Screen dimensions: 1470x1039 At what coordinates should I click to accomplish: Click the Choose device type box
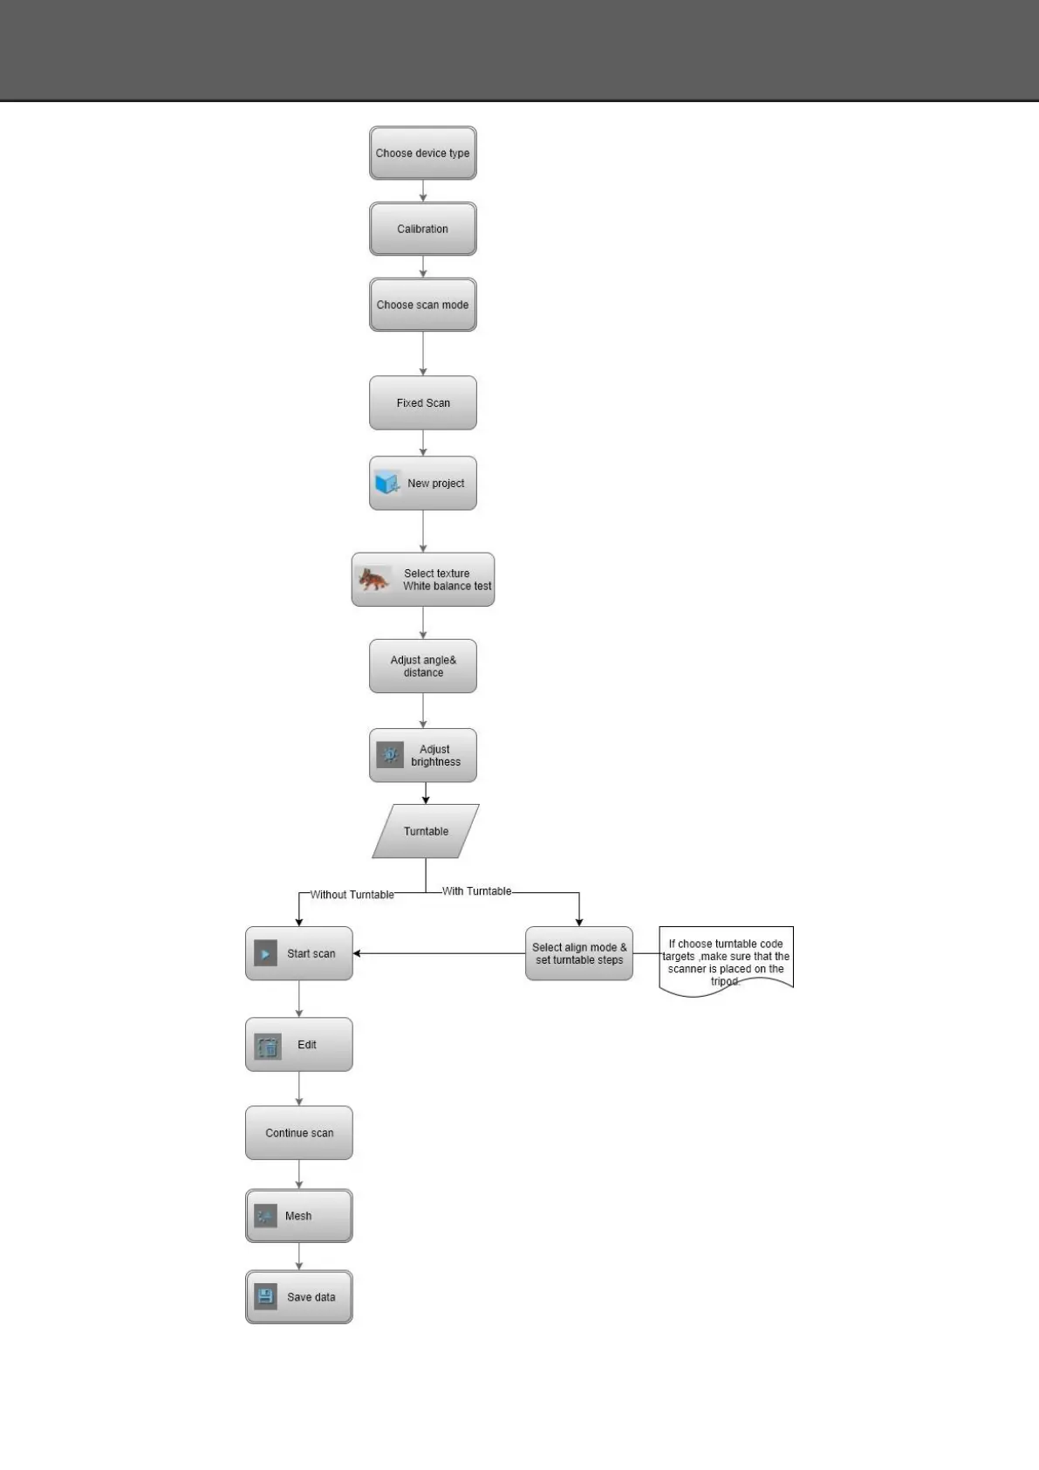tap(422, 153)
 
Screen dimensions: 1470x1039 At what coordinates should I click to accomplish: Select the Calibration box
tap(422, 229)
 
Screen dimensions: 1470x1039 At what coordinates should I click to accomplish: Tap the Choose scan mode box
tap(422, 305)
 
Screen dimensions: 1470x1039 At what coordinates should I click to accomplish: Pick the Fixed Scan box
tap(422, 402)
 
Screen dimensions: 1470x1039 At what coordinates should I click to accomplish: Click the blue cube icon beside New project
tap(387, 483)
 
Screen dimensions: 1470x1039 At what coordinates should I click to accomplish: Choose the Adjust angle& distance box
tap(422, 666)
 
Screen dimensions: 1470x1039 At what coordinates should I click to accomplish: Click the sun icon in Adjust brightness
tap(390, 755)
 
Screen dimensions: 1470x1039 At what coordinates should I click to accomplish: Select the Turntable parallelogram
tap(426, 831)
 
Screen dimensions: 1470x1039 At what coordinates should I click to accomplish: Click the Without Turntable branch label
tap(352, 895)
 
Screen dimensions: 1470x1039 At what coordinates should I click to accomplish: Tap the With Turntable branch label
tap(476, 891)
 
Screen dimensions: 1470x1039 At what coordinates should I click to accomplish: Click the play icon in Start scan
tap(265, 953)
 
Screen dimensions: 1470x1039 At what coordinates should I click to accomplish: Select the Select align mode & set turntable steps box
tap(578, 953)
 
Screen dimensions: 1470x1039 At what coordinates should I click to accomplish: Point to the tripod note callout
tap(726, 961)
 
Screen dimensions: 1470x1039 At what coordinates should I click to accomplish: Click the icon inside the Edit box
tap(268, 1046)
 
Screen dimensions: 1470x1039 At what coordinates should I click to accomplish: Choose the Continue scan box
tap(298, 1133)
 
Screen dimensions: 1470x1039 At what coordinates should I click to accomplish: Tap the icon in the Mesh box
tap(265, 1216)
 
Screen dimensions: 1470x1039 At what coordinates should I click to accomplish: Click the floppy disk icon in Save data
tap(266, 1296)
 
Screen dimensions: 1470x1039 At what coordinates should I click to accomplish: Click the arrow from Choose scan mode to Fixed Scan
tap(423, 354)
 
